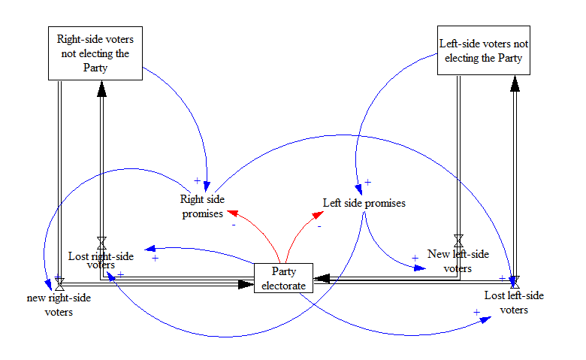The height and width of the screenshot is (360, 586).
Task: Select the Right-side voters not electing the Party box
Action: pyautogui.click(x=95, y=53)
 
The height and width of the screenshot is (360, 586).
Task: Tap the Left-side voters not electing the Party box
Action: pyautogui.click(x=484, y=50)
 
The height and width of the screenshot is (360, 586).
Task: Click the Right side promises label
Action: pyautogui.click(x=202, y=207)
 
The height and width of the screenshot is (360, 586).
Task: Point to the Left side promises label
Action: pyautogui.click(x=364, y=203)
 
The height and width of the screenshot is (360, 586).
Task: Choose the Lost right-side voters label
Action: pyautogui.click(x=101, y=260)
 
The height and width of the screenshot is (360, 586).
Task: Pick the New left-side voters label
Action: pyautogui.click(x=458, y=260)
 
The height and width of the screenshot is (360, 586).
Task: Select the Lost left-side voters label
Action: pyautogui.click(x=514, y=302)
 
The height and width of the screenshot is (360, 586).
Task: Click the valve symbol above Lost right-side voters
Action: pyautogui.click(x=101, y=241)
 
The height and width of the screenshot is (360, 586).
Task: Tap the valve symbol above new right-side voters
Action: pyautogui.click(x=59, y=285)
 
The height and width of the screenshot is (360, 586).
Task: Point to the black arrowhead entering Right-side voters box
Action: pyautogui.click(x=101, y=89)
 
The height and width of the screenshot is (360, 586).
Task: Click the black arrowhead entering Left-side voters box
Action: pyautogui.click(x=515, y=84)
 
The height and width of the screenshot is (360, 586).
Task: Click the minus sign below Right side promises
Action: pyautogui.click(x=234, y=225)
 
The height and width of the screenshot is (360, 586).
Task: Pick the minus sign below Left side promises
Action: pyautogui.click(x=319, y=225)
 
